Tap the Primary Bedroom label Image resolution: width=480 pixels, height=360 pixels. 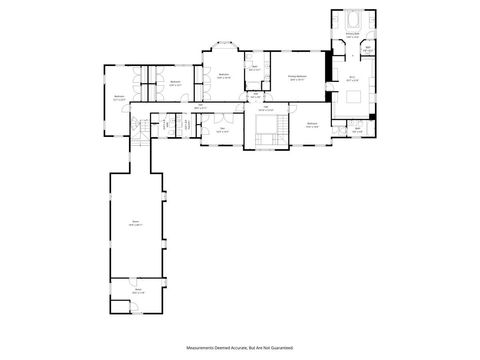pyautogui.click(x=297, y=76)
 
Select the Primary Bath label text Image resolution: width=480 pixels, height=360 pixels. pyautogui.click(x=352, y=35)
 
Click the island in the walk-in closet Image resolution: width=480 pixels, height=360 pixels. pyautogui.click(x=356, y=96)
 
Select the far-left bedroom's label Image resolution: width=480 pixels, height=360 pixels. pyautogui.click(x=119, y=98)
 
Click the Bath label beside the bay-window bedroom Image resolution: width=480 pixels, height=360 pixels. pyautogui.click(x=254, y=68)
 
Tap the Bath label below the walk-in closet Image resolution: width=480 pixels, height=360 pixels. pyautogui.click(x=357, y=128)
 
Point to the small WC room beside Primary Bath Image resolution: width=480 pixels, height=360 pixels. pyautogui.click(x=368, y=48)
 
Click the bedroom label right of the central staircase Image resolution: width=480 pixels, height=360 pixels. pyautogui.click(x=312, y=124)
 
